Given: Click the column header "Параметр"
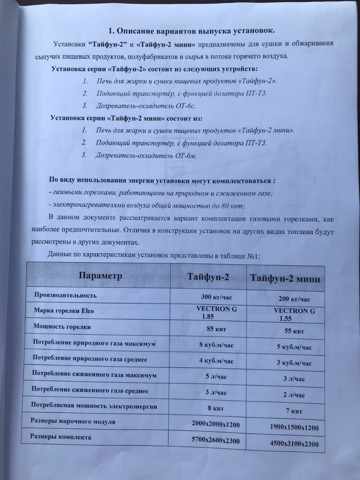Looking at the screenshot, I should click(x=100, y=276).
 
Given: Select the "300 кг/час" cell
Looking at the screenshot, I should click(x=216, y=297).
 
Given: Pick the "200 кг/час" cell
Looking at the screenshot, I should click(x=294, y=299).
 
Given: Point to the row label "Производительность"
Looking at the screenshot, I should click(x=66, y=295).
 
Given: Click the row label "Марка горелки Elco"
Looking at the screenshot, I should click(x=64, y=310).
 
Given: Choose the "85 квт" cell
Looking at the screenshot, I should click(x=216, y=329).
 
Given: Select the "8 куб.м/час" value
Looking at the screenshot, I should click(x=216, y=345).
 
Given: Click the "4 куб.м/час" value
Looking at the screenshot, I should click(x=216, y=361).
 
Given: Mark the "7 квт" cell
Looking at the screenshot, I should click(x=294, y=411).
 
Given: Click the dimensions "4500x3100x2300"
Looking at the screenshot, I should click(x=294, y=444).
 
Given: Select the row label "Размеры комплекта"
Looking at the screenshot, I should click(x=61, y=437).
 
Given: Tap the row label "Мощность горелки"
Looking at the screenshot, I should click(x=62, y=326).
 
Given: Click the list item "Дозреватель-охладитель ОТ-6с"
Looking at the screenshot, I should click(x=146, y=106).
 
